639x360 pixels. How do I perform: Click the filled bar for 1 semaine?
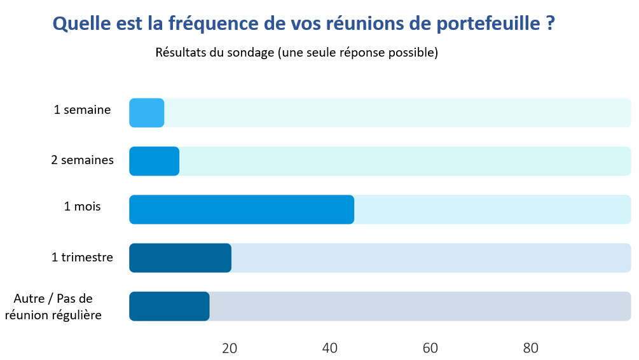[147, 113]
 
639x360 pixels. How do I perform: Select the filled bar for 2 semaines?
[155, 162]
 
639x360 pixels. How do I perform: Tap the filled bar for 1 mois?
[242, 210]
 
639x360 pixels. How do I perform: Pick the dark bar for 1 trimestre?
[180, 258]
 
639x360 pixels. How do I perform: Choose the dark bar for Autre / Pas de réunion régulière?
[169, 307]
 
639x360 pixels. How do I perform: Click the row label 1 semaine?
[83, 110]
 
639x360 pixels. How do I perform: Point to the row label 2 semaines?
[83, 160]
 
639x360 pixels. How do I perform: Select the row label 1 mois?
[83, 207]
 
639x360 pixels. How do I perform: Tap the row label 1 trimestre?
[83, 258]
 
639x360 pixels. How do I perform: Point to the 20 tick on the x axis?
[230, 348]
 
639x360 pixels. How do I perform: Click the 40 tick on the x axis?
[330, 348]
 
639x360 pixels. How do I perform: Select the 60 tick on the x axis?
[430, 348]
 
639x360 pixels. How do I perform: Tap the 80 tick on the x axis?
[531, 348]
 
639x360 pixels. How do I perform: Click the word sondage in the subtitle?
[249, 53]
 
